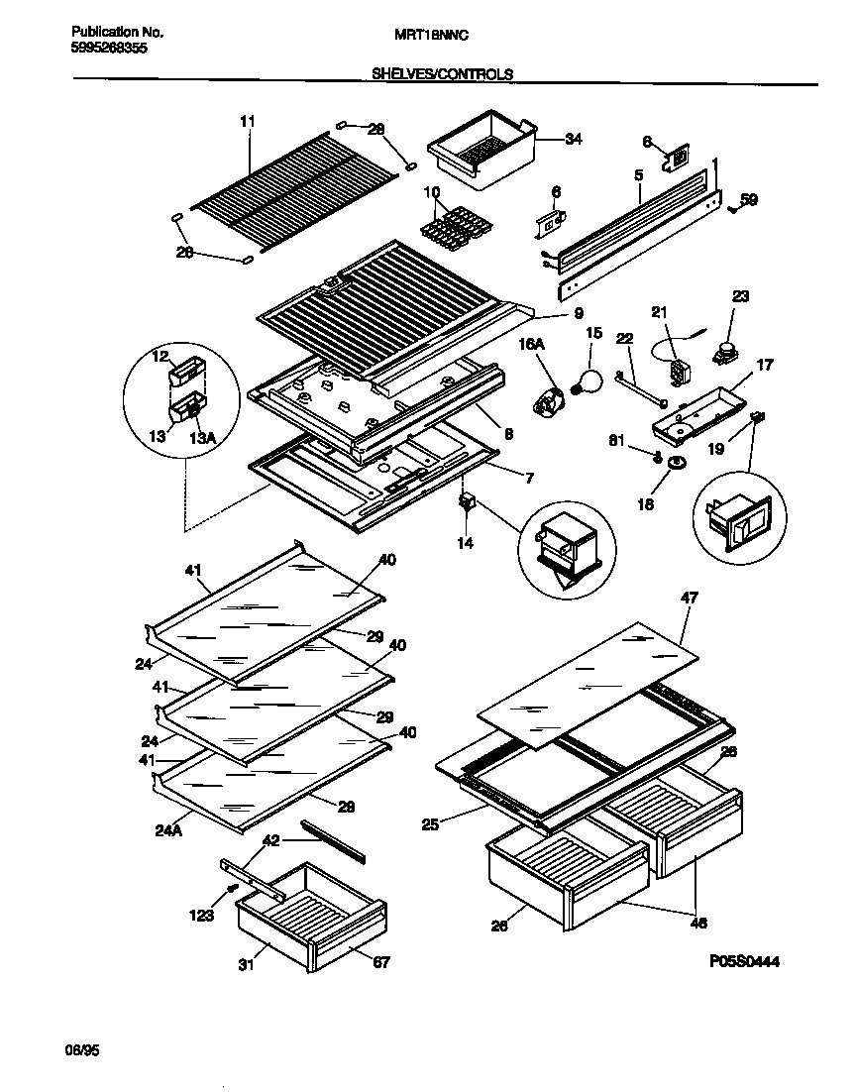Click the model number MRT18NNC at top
coord(431,34)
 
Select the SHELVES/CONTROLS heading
coord(442,73)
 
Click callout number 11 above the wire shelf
coord(247,121)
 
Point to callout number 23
coord(740,295)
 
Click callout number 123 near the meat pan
coord(201,916)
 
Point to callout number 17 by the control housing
coord(762,365)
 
